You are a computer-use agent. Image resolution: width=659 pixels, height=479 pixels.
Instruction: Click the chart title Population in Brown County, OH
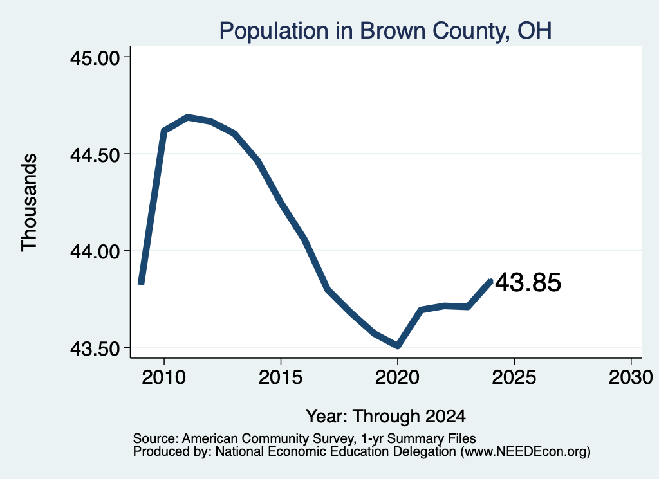[x=385, y=31]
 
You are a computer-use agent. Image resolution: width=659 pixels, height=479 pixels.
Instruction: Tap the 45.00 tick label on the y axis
[x=95, y=57]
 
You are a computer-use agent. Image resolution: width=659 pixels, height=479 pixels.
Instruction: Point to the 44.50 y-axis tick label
[x=95, y=154]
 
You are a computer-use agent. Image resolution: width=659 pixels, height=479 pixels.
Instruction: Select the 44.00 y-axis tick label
[x=95, y=251]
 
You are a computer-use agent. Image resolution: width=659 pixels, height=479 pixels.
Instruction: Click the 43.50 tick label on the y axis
[x=95, y=348]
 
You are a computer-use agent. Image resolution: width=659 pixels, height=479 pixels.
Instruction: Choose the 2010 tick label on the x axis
[x=163, y=377]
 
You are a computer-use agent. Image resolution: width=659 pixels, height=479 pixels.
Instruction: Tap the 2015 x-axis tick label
[x=281, y=377]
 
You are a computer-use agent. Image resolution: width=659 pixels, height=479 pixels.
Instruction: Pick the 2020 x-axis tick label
[x=397, y=377]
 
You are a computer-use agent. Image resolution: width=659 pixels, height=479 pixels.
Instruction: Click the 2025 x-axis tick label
[x=514, y=377]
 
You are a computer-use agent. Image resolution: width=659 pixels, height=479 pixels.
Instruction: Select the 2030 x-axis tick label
[x=631, y=377]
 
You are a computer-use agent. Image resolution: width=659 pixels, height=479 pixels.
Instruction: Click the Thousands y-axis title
[x=29, y=203]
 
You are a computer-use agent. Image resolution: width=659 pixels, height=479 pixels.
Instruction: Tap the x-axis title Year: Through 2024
[x=385, y=417]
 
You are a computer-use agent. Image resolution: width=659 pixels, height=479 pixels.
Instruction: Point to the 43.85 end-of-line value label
[x=528, y=282]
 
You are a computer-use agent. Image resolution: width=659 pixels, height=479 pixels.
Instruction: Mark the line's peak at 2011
[x=188, y=117]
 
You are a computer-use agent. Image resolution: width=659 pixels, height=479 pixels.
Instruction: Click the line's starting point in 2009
[x=141, y=284]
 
